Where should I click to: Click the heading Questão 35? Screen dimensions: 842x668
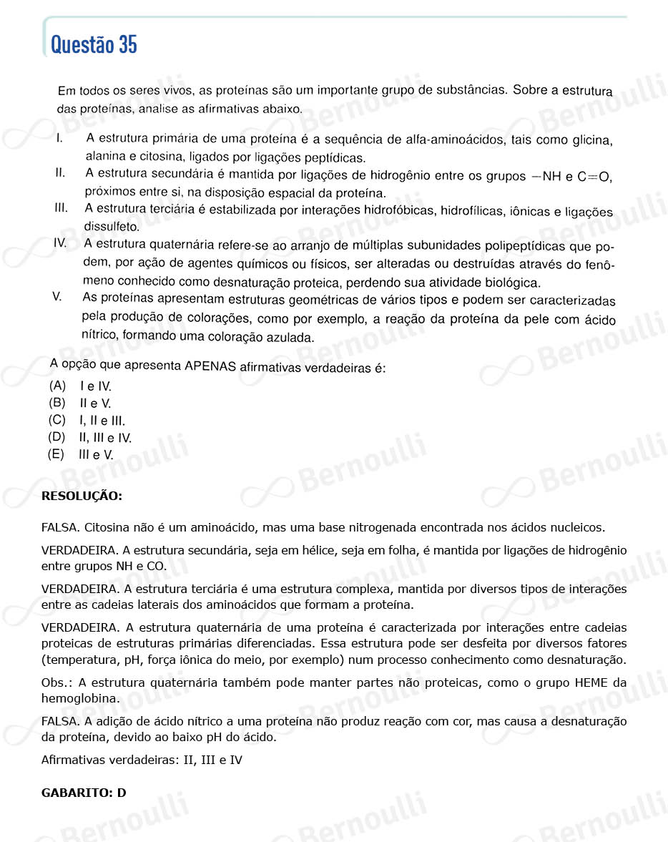94,45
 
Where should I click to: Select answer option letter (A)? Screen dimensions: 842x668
57,386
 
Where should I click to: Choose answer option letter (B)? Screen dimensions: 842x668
57,403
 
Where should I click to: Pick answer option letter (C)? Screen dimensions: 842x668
57,420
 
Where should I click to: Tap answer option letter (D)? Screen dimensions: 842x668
57,437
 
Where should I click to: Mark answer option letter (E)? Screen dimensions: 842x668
56,454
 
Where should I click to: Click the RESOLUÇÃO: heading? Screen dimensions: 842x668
82,496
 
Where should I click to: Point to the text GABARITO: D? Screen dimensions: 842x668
84,793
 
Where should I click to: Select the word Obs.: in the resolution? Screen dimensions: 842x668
57,682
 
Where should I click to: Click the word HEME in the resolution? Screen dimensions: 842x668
591,682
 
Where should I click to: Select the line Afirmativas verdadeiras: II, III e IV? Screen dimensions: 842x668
142,760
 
